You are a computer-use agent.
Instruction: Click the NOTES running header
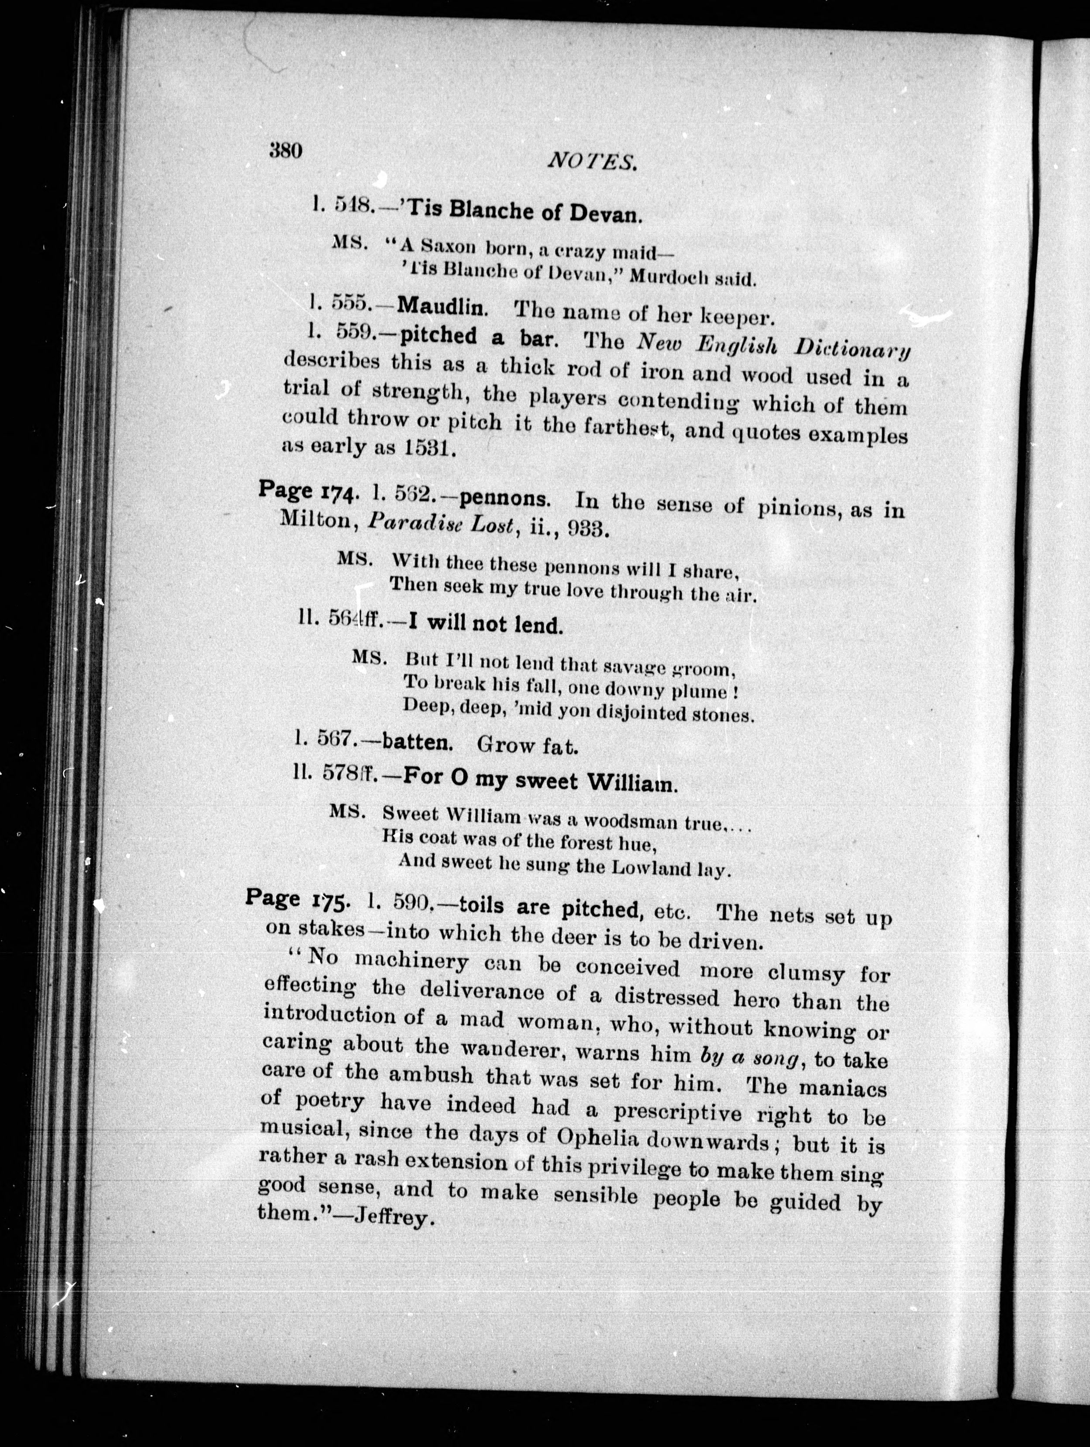(x=592, y=161)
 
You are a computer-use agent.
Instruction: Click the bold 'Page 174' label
(x=306, y=491)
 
